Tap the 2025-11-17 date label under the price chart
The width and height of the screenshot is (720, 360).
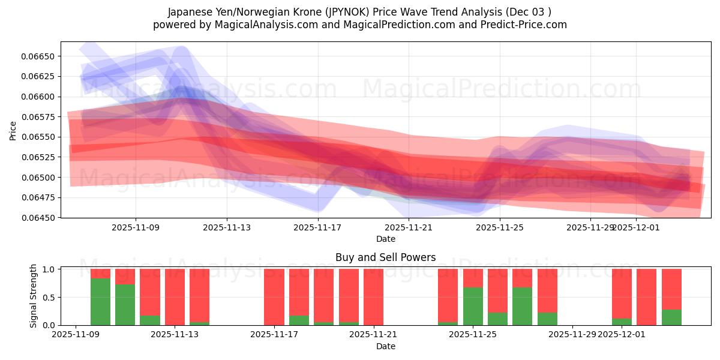pos(317,227)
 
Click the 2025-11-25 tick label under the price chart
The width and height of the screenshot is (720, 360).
pos(500,227)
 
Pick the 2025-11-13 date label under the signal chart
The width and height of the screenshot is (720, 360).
pos(175,334)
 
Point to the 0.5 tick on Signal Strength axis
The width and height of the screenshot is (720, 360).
pos(49,297)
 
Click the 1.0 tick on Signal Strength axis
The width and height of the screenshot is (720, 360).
pos(49,269)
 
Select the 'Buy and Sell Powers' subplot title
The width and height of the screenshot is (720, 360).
pos(386,257)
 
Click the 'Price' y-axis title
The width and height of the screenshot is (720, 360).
pos(13,130)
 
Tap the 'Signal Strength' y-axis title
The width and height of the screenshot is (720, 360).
pos(34,296)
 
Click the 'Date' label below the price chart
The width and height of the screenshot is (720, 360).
pos(386,239)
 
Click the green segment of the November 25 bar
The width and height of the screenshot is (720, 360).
pos(473,306)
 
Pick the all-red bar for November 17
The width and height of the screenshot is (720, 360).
pos(274,297)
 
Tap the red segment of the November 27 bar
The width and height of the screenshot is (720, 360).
pos(523,278)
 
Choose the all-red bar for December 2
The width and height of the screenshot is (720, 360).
pos(647,297)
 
